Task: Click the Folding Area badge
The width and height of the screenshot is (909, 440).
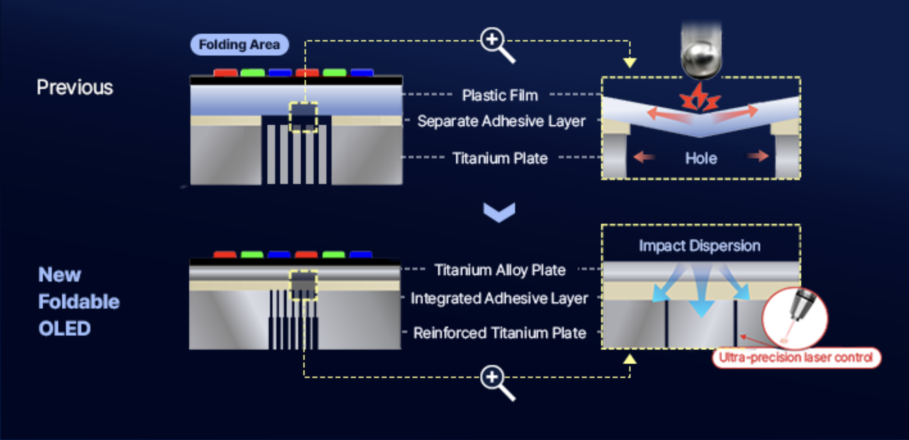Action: pyautogui.click(x=240, y=45)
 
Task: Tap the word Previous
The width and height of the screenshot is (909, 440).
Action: pyautogui.click(x=75, y=87)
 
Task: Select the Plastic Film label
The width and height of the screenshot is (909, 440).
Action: pyautogui.click(x=500, y=95)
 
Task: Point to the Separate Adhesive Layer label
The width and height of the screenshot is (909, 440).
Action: pyautogui.click(x=501, y=121)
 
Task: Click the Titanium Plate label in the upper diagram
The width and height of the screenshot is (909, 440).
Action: pyautogui.click(x=500, y=158)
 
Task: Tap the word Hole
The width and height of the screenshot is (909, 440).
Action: pyautogui.click(x=701, y=158)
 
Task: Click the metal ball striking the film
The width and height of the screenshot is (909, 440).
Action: pyautogui.click(x=701, y=60)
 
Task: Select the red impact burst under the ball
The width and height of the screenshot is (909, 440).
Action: pyautogui.click(x=700, y=97)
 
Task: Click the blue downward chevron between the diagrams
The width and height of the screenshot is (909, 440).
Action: pyautogui.click(x=499, y=213)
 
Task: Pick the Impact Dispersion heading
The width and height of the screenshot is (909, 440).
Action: pyautogui.click(x=700, y=246)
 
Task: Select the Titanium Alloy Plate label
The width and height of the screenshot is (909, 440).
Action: pyautogui.click(x=500, y=270)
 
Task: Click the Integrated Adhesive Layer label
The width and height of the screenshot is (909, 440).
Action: pyautogui.click(x=500, y=298)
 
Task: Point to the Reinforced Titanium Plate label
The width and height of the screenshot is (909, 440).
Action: pyautogui.click(x=500, y=333)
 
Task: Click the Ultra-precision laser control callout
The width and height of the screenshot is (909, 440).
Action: pyautogui.click(x=796, y=358)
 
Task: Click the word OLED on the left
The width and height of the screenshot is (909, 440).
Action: pyautogui.click(x=65, y=329)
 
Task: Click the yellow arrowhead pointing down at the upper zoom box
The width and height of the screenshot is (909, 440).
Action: pyautogui.click(x=630, y=63)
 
